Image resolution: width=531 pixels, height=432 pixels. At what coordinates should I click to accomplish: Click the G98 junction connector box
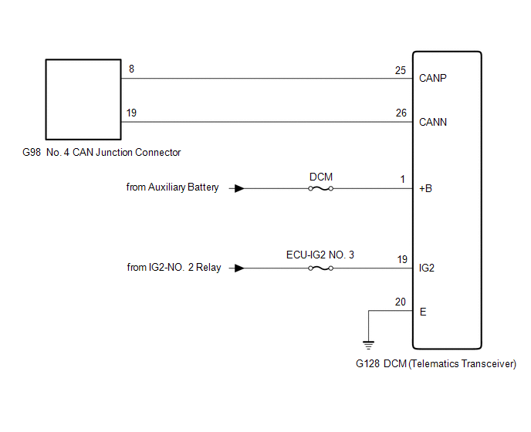(x=83, y=98)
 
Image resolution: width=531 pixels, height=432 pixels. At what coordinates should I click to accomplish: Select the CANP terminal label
(x=433, y=78)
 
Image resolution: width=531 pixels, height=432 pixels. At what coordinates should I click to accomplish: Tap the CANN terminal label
(x=433, y=122)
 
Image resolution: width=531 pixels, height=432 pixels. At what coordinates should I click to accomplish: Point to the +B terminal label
(x=425, y=187)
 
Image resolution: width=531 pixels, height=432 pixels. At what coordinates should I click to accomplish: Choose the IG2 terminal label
(x=426, y=268)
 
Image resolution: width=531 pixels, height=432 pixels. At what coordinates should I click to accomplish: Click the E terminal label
(x=422, y=312)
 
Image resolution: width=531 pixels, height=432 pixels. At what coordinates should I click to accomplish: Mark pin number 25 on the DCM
(x=400, y=70)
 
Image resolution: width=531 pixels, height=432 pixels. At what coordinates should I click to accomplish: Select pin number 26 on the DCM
(x=400, y=113)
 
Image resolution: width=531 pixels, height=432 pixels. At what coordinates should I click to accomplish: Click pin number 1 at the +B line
(x=402, y=179)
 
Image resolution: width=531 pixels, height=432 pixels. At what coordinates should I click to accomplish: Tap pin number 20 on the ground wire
(x=400, y=302)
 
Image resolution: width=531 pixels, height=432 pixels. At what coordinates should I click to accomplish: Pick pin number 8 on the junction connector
(x=131, y=69)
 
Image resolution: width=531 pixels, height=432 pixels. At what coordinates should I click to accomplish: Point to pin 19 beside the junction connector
(x=132, y=113)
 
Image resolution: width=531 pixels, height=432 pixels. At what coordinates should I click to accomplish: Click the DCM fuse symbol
(x=320, y=187)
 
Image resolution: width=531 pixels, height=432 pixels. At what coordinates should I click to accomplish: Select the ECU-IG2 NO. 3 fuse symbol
(x=320, y=268)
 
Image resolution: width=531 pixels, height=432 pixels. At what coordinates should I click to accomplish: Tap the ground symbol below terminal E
(x=369, y=344)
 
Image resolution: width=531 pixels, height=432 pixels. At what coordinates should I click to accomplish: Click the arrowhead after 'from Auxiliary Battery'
(x=240, y=187)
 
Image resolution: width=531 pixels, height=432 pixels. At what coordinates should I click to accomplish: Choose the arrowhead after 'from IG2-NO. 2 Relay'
(x=240, y=268)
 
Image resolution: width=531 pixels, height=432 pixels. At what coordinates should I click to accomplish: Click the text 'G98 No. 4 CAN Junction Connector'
(x=102, y=153)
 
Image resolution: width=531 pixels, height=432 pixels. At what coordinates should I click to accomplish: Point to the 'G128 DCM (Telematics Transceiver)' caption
(x=435, y=363)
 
